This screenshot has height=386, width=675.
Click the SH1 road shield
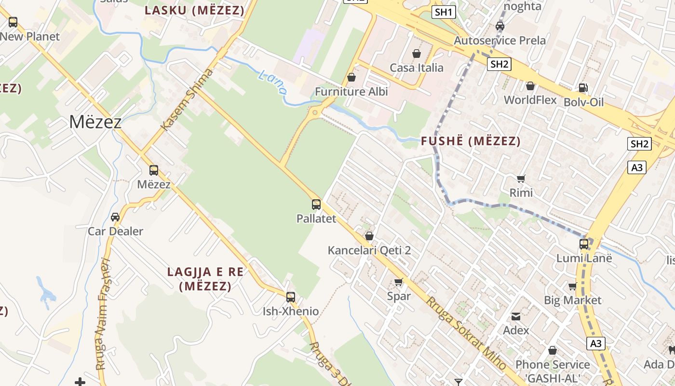click(444, 12)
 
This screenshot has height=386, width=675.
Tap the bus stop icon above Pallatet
click(316, 205)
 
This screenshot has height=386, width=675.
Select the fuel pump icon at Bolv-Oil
click(583, 88)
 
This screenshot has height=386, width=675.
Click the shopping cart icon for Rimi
click(521, 179)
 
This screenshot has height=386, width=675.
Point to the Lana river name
click(272, 82)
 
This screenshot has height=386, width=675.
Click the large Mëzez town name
click(95, 122)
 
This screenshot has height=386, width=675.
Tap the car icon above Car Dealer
click(115, 217)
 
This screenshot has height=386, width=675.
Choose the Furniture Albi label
click(351, 91)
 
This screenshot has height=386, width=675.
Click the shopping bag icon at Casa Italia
click(417, 54)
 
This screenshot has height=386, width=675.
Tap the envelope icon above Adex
click(516, 317)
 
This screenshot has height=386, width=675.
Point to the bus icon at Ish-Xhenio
click(290, 297)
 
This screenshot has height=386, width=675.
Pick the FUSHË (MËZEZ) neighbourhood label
click(471, 141)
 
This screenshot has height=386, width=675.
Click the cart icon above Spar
click(399, 282)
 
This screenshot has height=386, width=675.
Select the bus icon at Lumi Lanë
click(584, 244)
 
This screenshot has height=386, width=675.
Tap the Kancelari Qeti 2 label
click(369, 250)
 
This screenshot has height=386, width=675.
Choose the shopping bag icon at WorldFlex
click(530, 86)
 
